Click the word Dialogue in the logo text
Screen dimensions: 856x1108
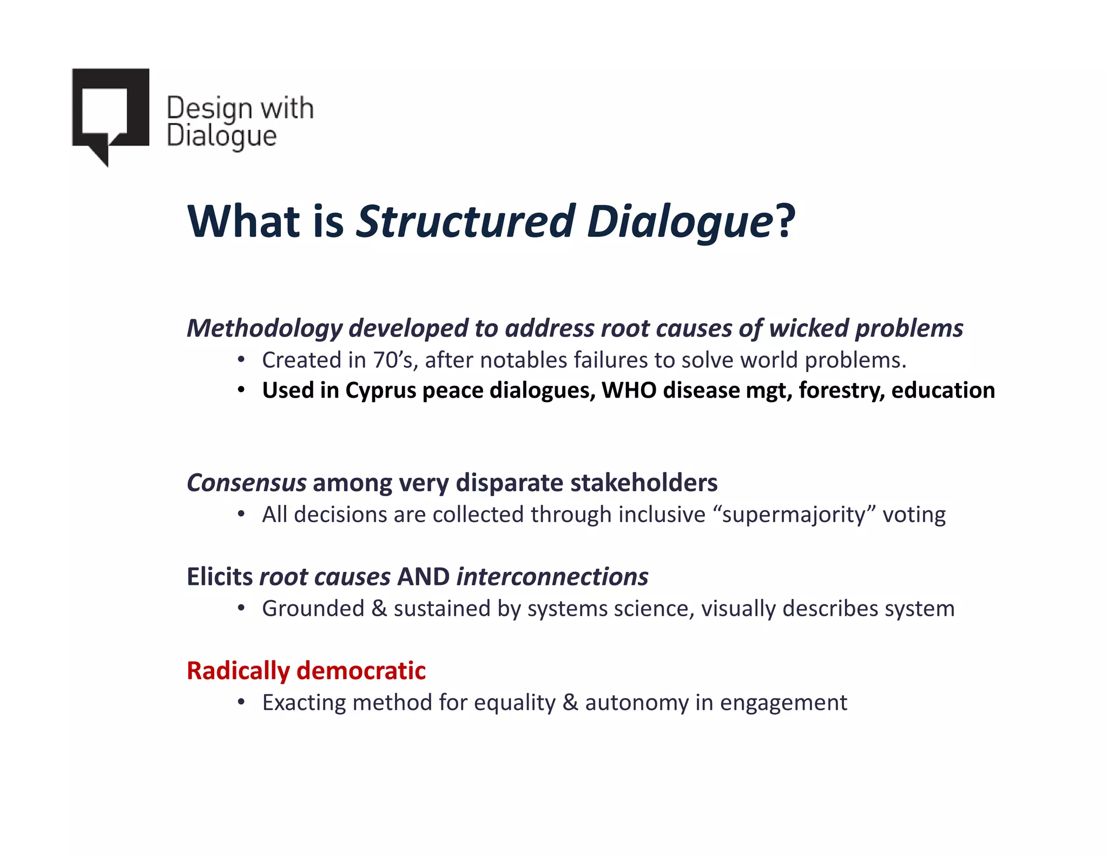(x=221, y=136)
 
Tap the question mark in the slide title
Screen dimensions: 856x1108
(x=785, y=221)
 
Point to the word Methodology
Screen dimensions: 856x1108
(x=265, y=328)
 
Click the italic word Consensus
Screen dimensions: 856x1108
(x=246, y=483)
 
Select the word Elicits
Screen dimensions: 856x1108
(x=220, y=577)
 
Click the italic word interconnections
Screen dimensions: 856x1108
(x=552, y=577)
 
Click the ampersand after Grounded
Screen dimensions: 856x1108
(x=379, y=609)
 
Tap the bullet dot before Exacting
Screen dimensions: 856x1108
(x=241, y=702)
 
